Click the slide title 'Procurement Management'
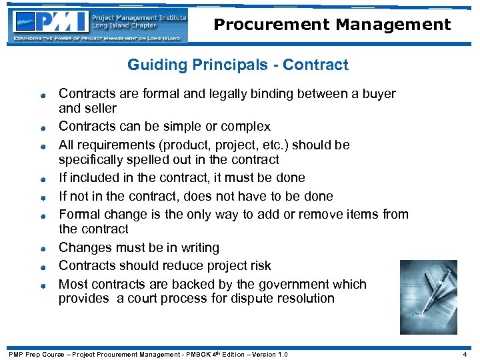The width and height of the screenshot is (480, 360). coord(332,25)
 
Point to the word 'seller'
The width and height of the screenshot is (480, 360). coord(101,109)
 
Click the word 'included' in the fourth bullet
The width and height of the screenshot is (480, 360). coord(95,178)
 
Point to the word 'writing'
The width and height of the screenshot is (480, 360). coord(196,248)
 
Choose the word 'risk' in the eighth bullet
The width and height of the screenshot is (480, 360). coord(258,266)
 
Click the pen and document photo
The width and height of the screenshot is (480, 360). coord(428,296)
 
